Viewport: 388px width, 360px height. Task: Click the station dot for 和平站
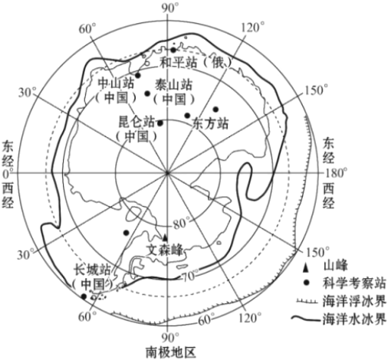pos(173,50)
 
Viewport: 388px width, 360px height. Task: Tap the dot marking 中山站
pos(138,75)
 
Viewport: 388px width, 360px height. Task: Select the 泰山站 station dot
pos(147,93)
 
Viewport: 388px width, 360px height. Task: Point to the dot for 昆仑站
pos(160,123)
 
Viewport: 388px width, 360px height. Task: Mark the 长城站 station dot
pos(84,296)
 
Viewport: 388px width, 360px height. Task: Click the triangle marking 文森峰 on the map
pos(165,237)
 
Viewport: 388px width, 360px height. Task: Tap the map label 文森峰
pos(165,250)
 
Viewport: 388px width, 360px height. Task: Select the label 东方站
pos(210,123)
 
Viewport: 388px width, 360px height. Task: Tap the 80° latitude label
pos(182,224)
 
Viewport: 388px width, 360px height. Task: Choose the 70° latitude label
pos(190,276)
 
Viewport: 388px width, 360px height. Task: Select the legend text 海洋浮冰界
pos(354,301)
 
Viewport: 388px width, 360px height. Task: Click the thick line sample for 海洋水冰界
pos(306,318)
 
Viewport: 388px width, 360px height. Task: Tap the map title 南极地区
pos(171,352)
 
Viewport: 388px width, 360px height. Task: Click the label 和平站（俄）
pos(196,62)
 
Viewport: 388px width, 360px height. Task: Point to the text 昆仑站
pos(136,122)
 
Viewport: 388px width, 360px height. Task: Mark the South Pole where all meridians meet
pos(167,173)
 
